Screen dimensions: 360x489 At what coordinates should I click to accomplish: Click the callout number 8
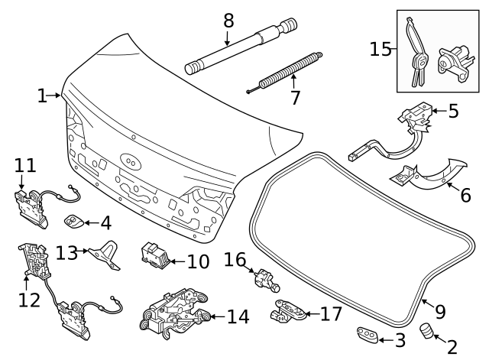[228, 21]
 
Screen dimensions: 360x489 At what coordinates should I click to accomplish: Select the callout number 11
[24, 165]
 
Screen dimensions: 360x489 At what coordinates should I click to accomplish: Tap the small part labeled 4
[75, 222]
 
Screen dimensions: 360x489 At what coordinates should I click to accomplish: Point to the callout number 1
[42, 96]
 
